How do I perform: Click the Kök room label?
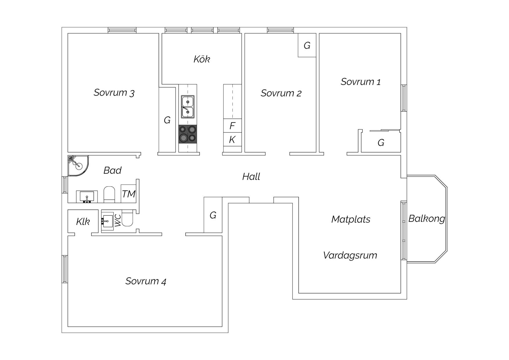(202, 59)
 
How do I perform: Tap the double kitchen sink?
(188, 107)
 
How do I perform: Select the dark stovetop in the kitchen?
(188, 134)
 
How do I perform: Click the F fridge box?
(232, 126)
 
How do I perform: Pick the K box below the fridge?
(232, 140)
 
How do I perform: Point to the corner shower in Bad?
(78, 166)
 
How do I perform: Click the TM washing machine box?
(129, 194)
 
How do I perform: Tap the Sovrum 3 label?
(114, 93)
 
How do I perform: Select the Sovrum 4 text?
(146, 281)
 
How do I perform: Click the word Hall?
(251, 177)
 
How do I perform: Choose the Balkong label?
(427, 219)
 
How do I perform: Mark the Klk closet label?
(83, 222)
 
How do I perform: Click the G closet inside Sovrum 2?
(307, 45)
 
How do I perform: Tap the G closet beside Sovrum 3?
(167, 120)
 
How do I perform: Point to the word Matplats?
(351, 219)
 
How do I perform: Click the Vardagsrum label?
(350, 255)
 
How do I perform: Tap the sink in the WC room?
(107, 221)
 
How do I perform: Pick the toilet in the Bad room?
(109, 194)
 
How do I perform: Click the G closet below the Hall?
(213, 215)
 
